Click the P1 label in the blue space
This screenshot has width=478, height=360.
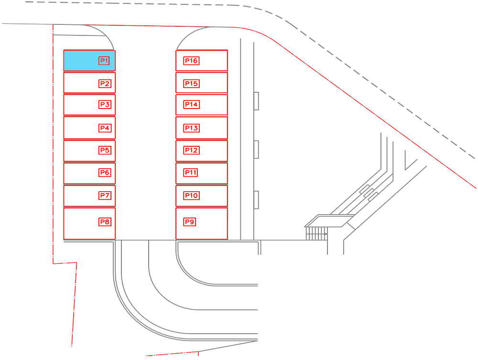point(104,61)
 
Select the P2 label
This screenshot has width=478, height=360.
point(105,84)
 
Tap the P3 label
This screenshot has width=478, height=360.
point(105,105)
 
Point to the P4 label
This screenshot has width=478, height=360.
point(105,128)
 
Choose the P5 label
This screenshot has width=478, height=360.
point(105,150)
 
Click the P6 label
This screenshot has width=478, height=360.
point(105,173)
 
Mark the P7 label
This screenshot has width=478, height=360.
point(105,196)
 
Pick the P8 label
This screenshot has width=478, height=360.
point(105,222)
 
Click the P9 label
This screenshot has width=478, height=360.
point(190,222)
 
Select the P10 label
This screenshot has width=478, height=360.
point(192,196)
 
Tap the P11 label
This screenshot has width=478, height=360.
point(191,173)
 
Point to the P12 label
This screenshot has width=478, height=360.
point(192,150)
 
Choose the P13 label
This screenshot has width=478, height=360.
point(192,128)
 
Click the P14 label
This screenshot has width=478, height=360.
point(192,105)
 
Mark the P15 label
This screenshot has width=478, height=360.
point(192,84)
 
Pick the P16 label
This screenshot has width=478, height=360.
point(192,61)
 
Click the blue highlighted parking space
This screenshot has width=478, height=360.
point(89,61)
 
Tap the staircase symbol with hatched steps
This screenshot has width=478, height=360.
point(316,233)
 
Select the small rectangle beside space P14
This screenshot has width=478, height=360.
point(256,101)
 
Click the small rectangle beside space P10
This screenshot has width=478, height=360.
point(256,200)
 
